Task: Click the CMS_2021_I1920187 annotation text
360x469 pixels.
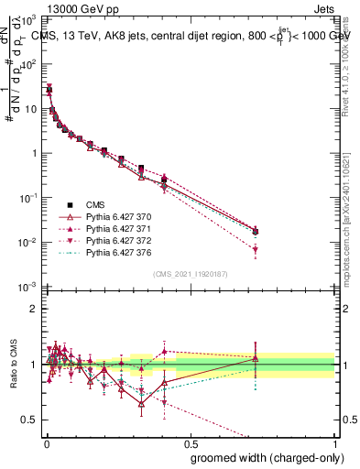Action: pos(189,274)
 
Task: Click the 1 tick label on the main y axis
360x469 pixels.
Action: pos(35,153)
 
